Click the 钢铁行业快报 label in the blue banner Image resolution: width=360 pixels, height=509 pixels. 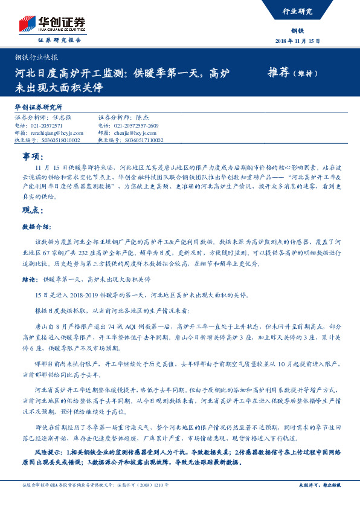click(x=36, y=57)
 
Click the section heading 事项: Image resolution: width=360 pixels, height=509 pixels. click(x=31, y=156)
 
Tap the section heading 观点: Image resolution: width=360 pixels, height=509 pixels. click(x=31, y=210)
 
